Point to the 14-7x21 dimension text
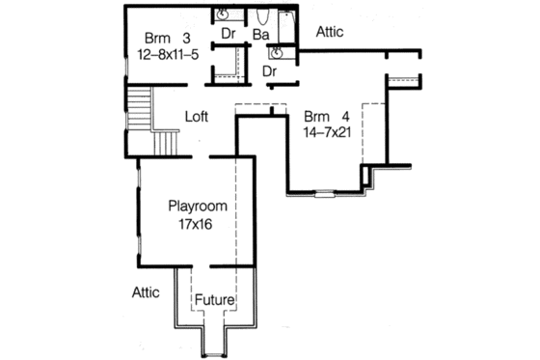click(325, 128)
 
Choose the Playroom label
click(197, 207)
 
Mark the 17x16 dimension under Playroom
click(196, 224)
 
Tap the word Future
click(215, 300)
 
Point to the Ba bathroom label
click(260, 35)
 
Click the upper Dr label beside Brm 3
click(229, 34)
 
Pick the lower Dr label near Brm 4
click(271, 70)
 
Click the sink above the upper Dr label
click(222, 14)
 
